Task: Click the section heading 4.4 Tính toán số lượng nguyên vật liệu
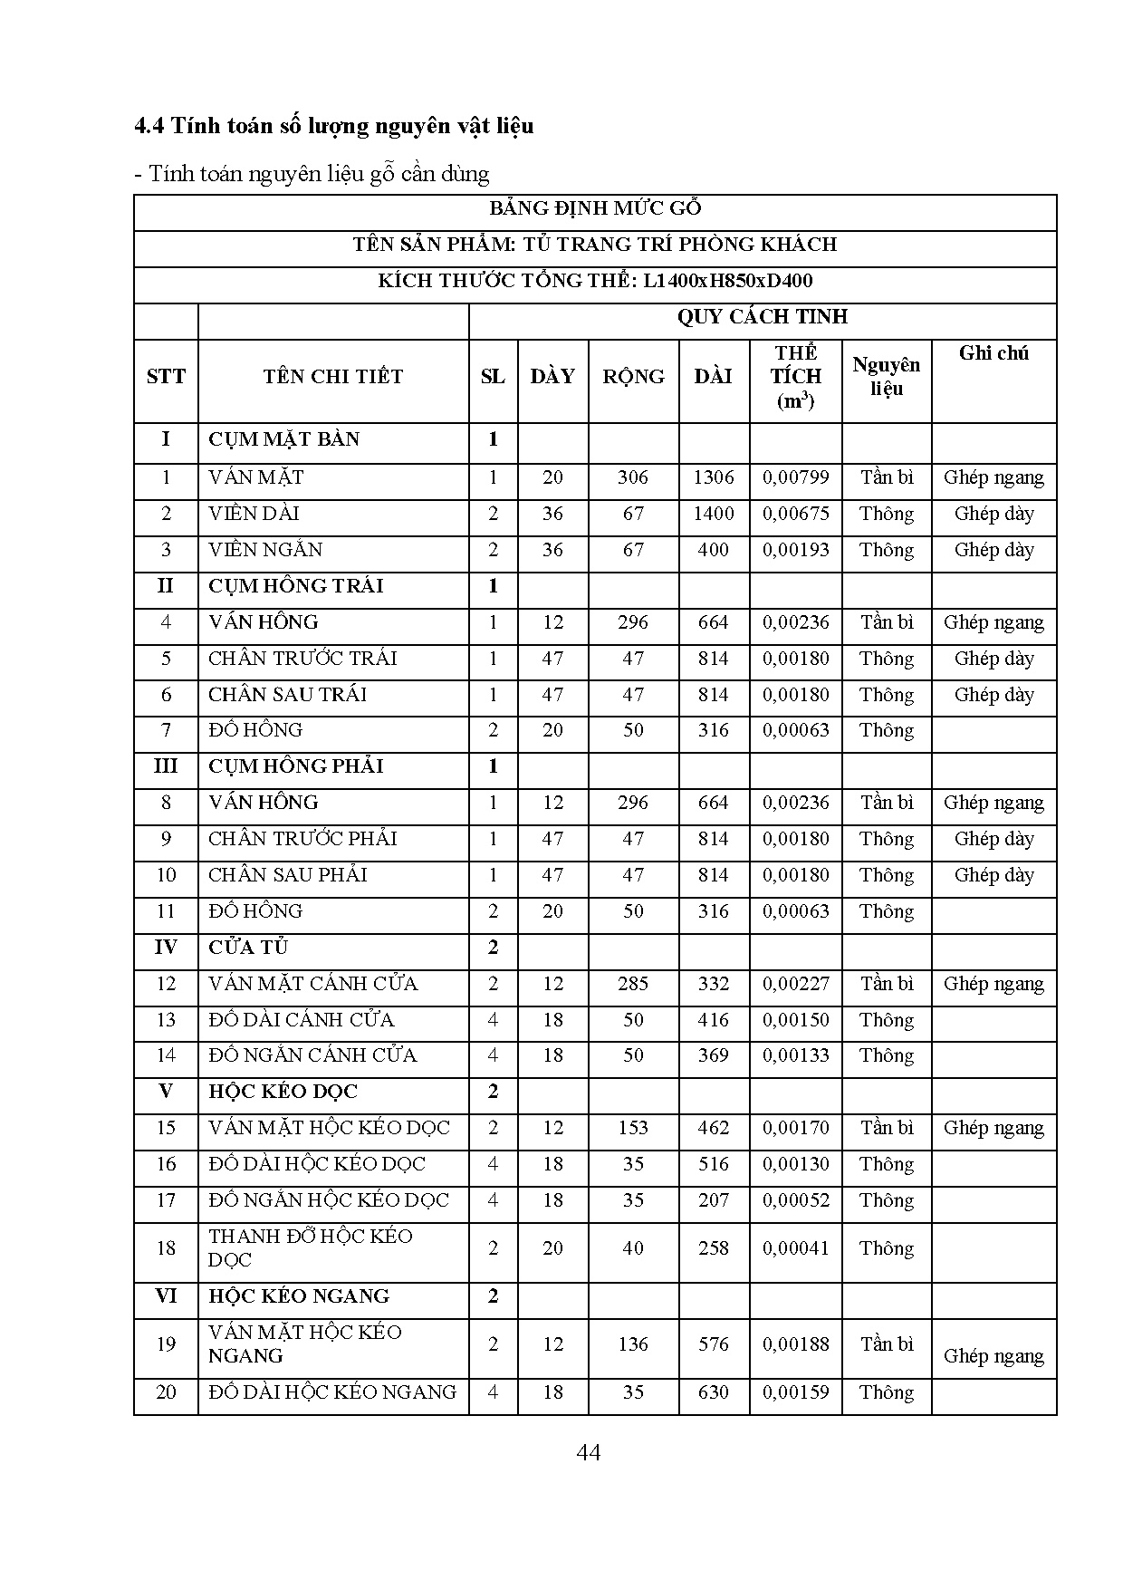click(x=333, y=125)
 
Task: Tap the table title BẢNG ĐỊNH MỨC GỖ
click(x=595, y=208)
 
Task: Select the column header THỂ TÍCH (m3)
click(x=795, y=377)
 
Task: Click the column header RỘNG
click(x=633, y=377)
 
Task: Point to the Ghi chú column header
click(x=993, y=353)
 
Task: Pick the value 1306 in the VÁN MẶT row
click(x=714, y=477)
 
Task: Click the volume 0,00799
click(x=795, y=477)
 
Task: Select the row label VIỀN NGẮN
click(x=265, y=550)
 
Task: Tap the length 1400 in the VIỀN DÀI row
click(x=714, y=514)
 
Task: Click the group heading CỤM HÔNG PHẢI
click(x=296, y=766)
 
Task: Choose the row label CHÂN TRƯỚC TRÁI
click(x=302, y=659)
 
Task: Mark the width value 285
click(x=633, y=984)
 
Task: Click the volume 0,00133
click(x=795, y=1055)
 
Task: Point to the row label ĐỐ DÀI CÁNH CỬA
click(x=301, y=1020)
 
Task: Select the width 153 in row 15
click(x=633, y=1128)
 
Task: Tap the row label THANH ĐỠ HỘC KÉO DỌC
click(x=310, y=1247)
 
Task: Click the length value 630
click(x=714, y=1392)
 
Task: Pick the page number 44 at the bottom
click(x=588, y=1453)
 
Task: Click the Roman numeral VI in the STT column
click(x=166, y=1296)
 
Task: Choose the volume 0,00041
click(x=795, y=1248)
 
